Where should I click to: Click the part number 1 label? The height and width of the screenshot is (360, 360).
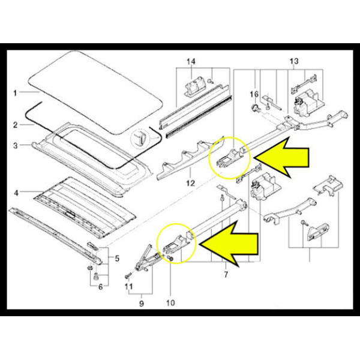click(15, 93)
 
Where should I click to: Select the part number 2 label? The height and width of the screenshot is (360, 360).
click(15, 125)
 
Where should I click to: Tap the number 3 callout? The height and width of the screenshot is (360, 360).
click(15, 146)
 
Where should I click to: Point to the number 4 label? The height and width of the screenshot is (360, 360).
click(16, 193)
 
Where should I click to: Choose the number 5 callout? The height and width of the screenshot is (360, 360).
click(117, 259)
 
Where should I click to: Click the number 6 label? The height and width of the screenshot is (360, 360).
click(101, 287)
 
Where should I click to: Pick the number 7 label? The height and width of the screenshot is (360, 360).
click(226, 274)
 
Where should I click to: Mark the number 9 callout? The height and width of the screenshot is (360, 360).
click(142, 304)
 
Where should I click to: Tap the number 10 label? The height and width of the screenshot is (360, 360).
click(170, 303)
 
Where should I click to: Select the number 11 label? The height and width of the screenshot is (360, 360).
click(128, 287)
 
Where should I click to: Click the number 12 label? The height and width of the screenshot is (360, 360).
click(191, 183)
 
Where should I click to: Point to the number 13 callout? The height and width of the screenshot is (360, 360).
click(294, 61)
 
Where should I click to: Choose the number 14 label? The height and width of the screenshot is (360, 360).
click(191, 62)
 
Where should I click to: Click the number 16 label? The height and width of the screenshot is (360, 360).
click(254, 94)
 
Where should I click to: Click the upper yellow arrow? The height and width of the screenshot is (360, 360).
click(281, 157)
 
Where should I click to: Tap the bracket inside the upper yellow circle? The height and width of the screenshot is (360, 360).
click(230, 157)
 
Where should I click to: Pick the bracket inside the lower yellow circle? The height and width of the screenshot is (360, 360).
click(176, 244)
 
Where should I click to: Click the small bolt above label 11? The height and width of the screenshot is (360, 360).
click(128, 275)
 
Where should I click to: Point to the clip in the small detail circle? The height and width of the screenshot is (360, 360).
click(140, 138)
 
